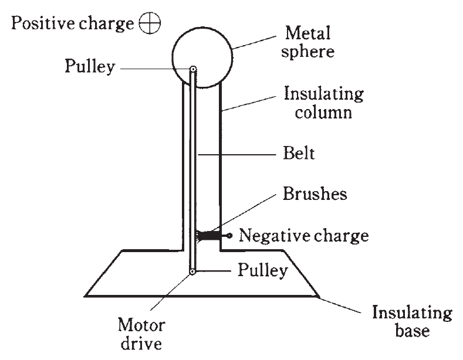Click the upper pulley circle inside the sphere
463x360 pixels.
(193, 70)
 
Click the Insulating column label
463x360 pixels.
(323, 103)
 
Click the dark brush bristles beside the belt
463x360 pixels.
(207, 236)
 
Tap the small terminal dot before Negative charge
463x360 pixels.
(229, 236)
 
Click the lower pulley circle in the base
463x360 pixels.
(192, 271)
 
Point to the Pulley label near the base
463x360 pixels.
(263, 271)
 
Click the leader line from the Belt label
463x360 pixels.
(235, 155)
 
